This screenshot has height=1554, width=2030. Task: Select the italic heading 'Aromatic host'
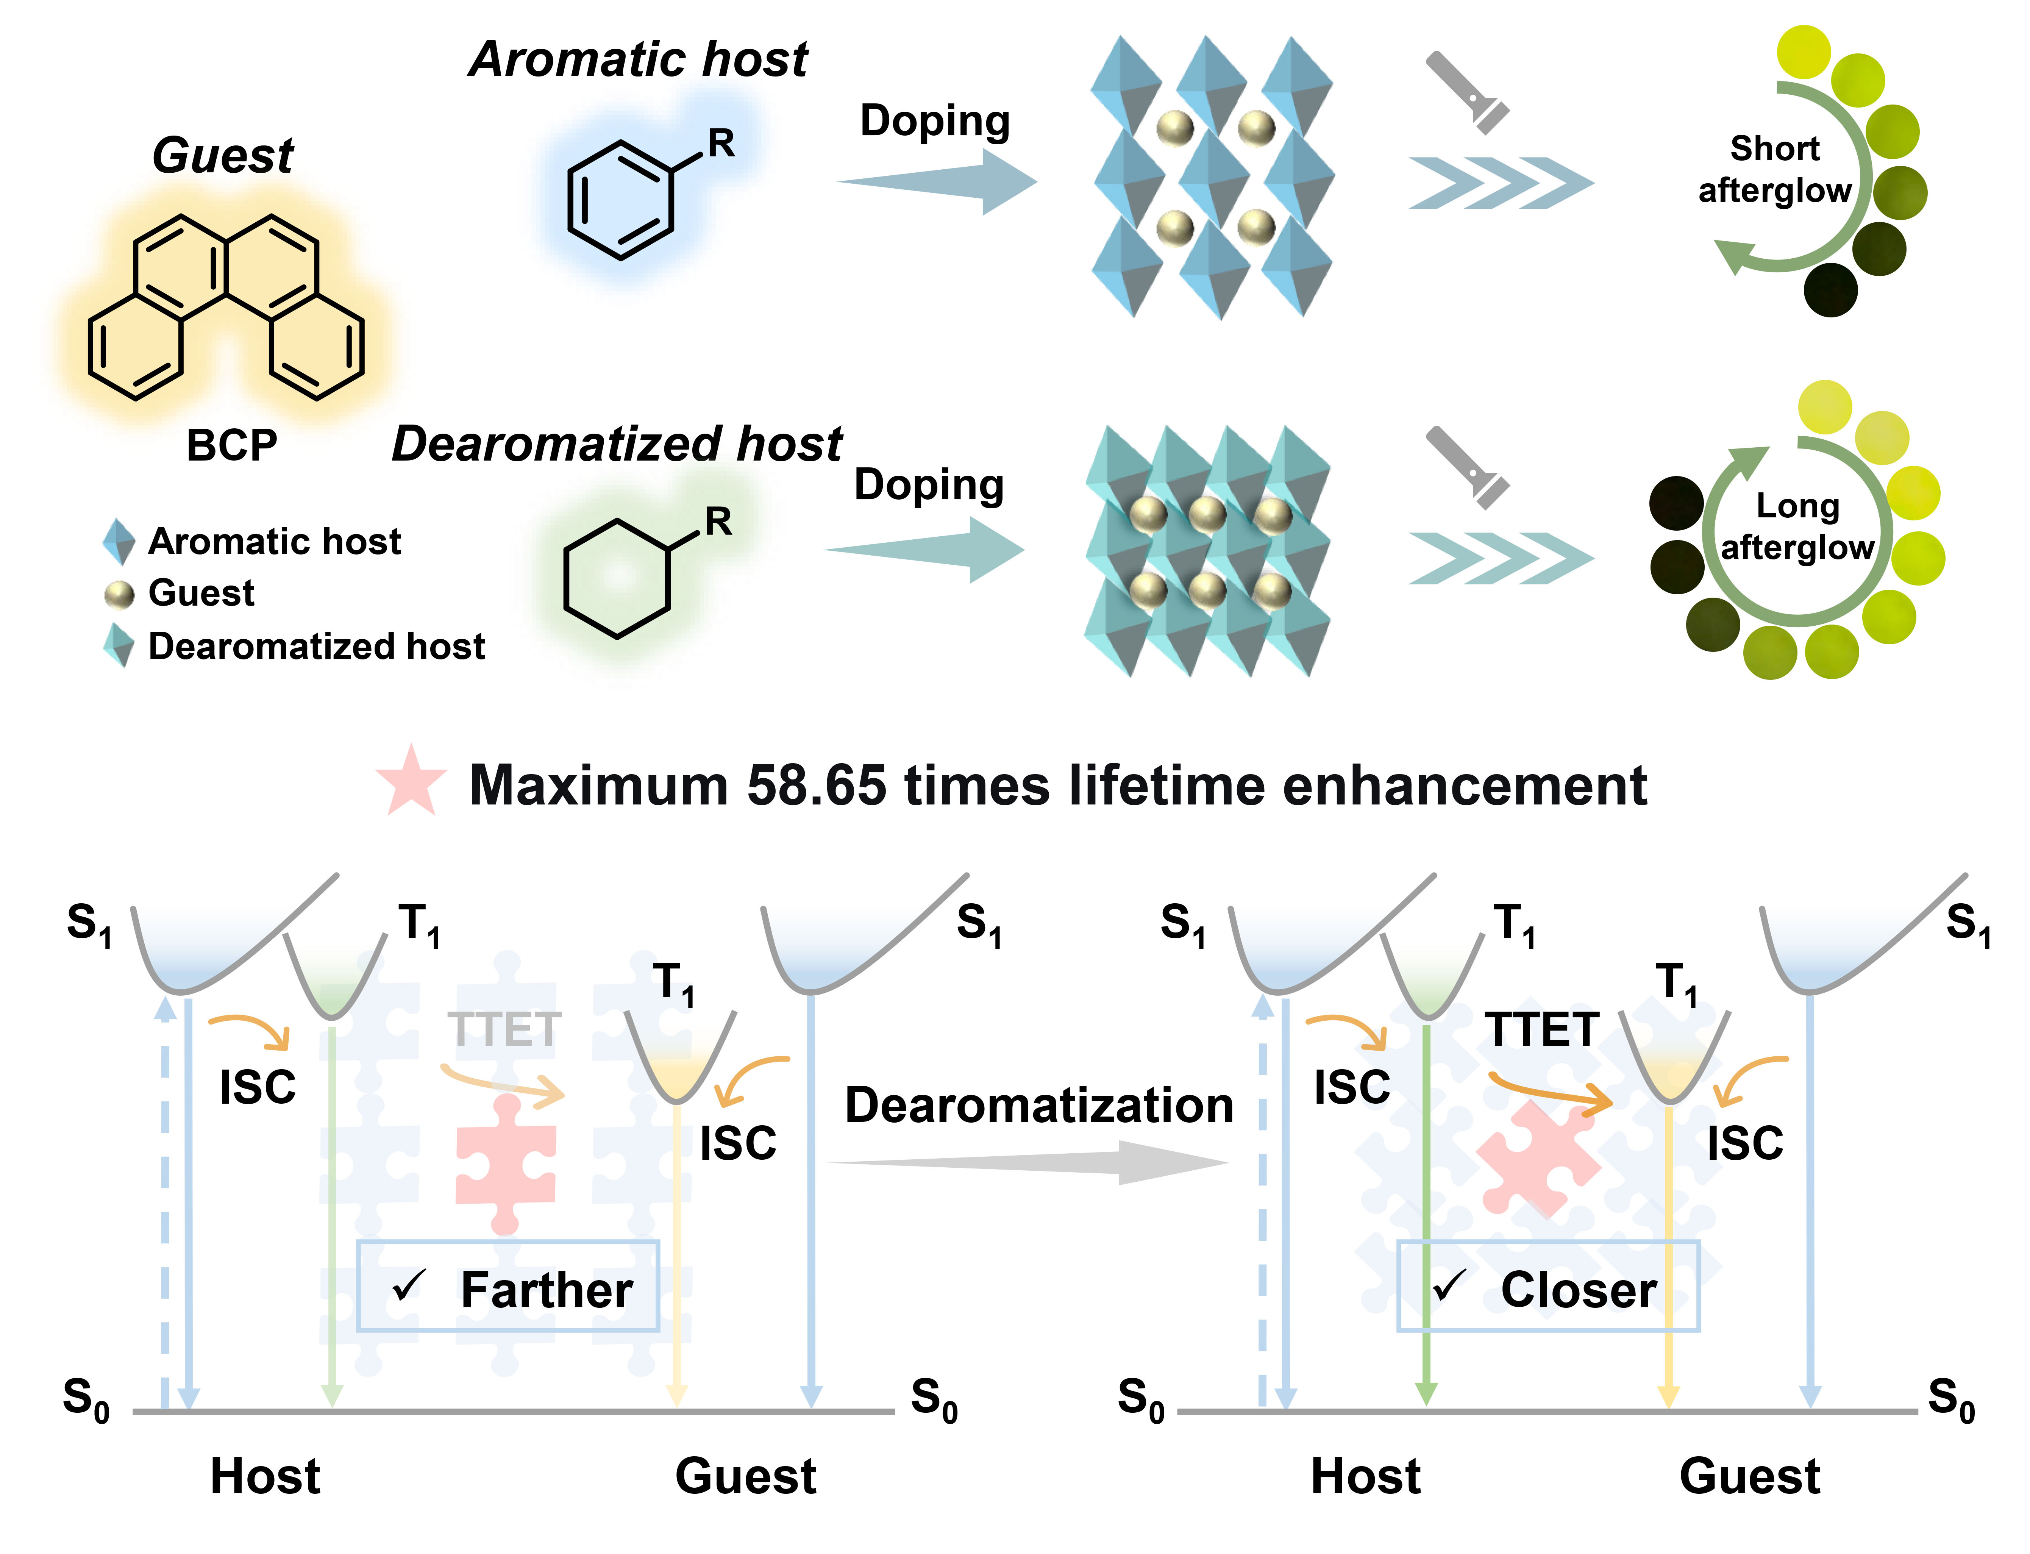[638, 59]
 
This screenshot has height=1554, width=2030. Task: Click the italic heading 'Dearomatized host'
[617, 444]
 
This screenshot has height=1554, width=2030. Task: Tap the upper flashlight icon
[1467, 92]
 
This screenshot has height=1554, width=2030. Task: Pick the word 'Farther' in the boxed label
[547, 1290]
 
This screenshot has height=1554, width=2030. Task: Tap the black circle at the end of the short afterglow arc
[1830, 289]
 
